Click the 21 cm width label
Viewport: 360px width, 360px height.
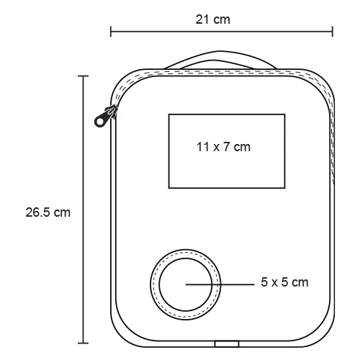(x=212, y=19)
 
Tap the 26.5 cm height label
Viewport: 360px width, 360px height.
(x=48, y=212)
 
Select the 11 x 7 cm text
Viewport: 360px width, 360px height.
(x=223, y=147)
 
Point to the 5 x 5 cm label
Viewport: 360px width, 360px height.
(x=284, y=282)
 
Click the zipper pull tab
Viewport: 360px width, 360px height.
(x=105, y=117)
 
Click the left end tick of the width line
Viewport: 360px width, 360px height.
(x=111, y=32)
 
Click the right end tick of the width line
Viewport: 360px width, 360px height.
(x=333, y=32)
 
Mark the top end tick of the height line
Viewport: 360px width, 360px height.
(x=84, y=76)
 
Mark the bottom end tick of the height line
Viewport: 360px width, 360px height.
(x=84, y=343)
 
